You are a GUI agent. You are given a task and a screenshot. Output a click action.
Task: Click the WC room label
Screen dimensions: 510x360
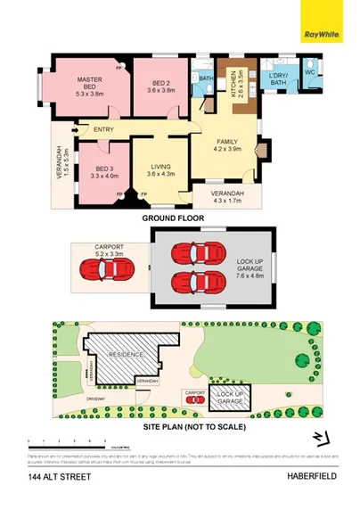[310, 71]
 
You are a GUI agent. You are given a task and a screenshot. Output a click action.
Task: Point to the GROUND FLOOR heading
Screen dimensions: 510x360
[180, 217]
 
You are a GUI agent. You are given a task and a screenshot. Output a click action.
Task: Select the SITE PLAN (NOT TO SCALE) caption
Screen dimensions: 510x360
[194, 426]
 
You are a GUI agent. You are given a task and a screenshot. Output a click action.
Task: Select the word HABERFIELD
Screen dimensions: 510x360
[310, 479]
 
